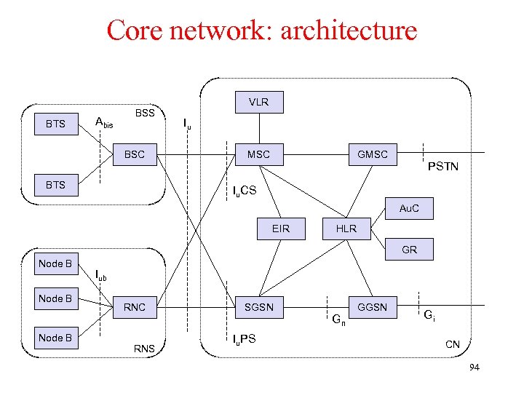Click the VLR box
click(x=258, y=102)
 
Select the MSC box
click(x=258, y=154)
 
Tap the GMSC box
click(x=372, y=154)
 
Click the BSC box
click(x=135, y=154)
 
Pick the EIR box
click(x=280, y=229)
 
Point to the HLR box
click(x=346, y=229)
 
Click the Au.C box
click(x=409, y=208)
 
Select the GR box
click(x=409, y=250)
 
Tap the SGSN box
click(x=258, y=307)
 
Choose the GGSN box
click(x=372, y=307)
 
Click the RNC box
click(x=135, y=307)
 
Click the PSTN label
click(x=442, y=167)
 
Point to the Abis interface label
click(x=104, y=123)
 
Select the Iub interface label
click(x=101, y=275)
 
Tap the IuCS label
click(x=244, y=191)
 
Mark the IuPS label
click(x=244, y=339)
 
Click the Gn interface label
click(x=338, y=319)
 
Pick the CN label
click(x=452, y=344)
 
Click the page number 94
click(x=474, y=368)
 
